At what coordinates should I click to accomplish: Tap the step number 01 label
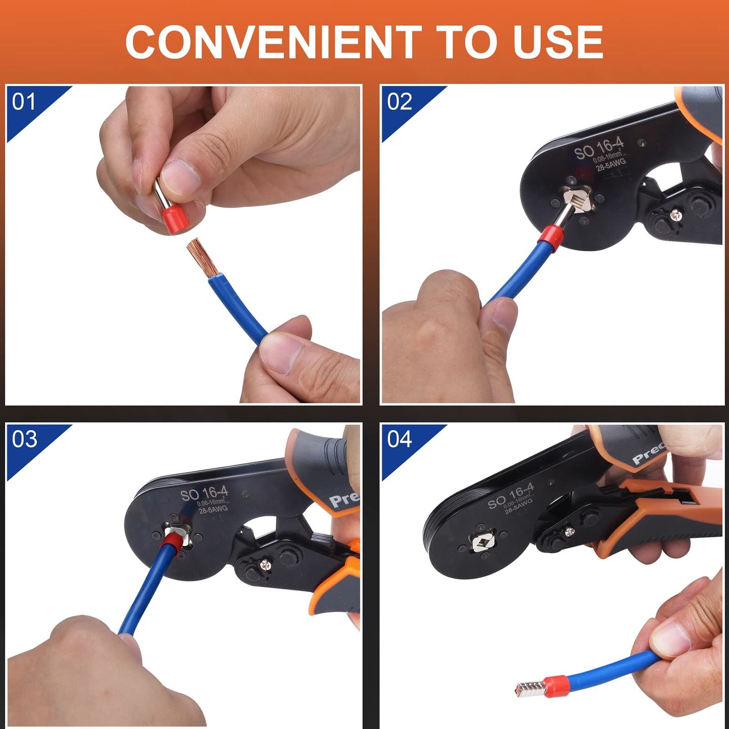pyautogui.click(x=24, y=102)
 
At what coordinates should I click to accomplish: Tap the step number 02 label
pyautogui.click(x=400, y=102)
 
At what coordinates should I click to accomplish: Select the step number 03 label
pyautogui.click(x=24, y=439)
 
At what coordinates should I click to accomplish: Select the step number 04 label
pyautogui.click(x=400, y=439)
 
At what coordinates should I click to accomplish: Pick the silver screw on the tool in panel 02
pyautogui.click(x=676, y=215)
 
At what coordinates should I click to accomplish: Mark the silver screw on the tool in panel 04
pyautogui.click(x=569, y=531)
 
